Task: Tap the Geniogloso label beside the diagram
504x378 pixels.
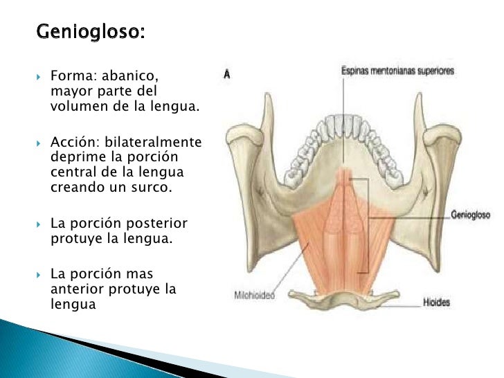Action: coord(470,215)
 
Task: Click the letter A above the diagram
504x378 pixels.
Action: coord(226,73)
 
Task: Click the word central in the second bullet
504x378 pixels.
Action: coord(71,172)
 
